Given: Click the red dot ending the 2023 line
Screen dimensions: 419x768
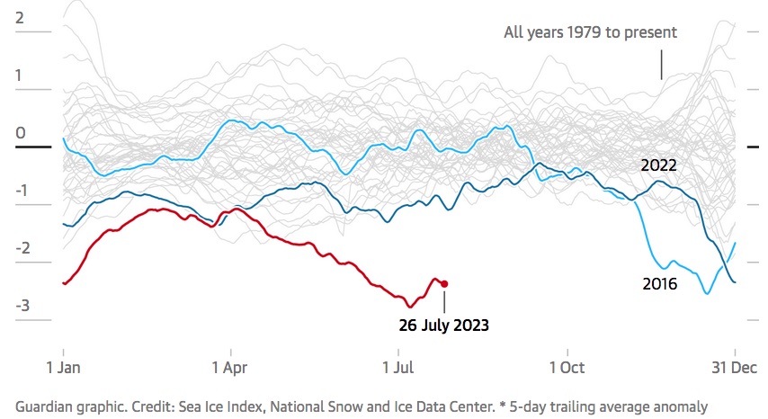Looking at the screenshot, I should [444, 283].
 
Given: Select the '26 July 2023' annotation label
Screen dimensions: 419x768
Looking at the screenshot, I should [444, 325].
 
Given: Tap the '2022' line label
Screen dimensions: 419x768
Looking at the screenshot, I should [658, 165].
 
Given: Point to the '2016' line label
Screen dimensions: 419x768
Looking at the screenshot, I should [659, 283].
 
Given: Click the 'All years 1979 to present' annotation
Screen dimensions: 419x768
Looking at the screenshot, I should [590, 32].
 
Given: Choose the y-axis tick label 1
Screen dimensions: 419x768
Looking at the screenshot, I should [20, 76].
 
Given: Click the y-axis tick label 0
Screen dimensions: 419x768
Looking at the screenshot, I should [20, 133].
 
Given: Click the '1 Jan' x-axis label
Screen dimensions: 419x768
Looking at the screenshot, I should [63, 367].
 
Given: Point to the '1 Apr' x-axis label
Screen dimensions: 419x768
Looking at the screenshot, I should [231, 367].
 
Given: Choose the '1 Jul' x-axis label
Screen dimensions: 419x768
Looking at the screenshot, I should [399, 367].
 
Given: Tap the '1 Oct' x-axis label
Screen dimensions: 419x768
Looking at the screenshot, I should [567, 367].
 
